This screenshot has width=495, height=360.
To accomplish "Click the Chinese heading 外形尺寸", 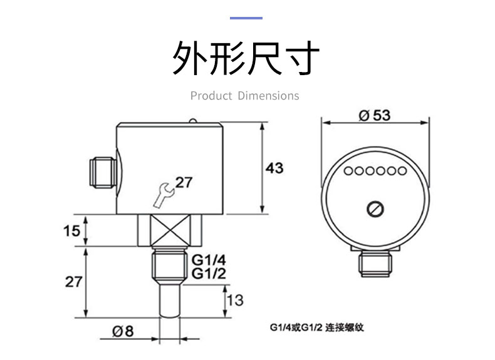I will (246, 59).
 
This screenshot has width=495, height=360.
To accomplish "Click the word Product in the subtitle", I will (211, 96).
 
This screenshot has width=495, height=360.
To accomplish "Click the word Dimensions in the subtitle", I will (268, 96).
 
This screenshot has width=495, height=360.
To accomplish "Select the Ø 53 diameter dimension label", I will (375, 115).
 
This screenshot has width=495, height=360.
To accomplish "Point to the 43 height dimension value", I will (274, 168).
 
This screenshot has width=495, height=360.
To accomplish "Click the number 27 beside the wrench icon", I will (184, 182).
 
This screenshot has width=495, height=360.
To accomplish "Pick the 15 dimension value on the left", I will (72, 231).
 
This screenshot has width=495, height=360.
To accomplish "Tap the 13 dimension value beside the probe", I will (234, 301).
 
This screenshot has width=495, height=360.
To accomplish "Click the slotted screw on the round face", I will (375, 209).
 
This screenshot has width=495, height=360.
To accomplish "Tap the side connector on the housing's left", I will (103, 172).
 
